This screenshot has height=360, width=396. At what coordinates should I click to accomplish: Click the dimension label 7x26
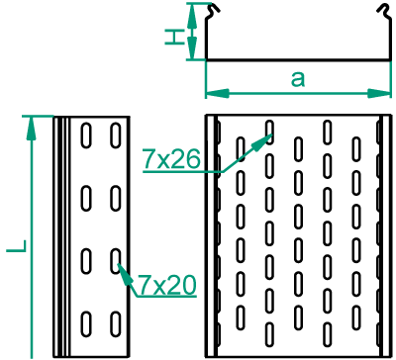(x=171, y=159)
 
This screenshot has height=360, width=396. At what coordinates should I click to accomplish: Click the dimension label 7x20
(x=166, y=285)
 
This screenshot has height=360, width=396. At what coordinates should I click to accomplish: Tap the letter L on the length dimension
(x=17, y=246)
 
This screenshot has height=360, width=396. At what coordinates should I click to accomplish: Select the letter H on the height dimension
(x=174, y=37)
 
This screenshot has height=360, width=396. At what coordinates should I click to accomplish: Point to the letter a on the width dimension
(x=298, y=79)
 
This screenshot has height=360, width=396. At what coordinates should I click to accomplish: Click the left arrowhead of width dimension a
(x=217, y=93)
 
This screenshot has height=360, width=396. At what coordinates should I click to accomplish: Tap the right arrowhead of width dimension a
(x=379, y=93)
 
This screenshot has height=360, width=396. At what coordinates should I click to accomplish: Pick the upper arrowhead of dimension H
(x=192, y=15)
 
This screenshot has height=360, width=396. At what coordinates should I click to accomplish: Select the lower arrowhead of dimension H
(x=192, y=48)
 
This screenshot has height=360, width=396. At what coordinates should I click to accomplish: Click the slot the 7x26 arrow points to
(x=269, y=133)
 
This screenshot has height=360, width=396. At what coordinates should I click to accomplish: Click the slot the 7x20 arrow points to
(x=115, y=261)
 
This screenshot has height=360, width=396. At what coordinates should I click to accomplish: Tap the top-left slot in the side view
(x=86, y=135)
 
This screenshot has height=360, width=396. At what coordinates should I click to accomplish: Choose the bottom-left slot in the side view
(x=86, y=324)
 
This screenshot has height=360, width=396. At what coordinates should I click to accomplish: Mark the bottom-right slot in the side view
(x=115, y=324)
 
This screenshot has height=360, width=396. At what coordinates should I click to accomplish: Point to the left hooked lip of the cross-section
(x=213, y=10)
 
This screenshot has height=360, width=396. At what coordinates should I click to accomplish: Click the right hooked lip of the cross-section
(x=384, y=10)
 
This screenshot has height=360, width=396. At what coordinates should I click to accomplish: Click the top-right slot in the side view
(x=115, y=135)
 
